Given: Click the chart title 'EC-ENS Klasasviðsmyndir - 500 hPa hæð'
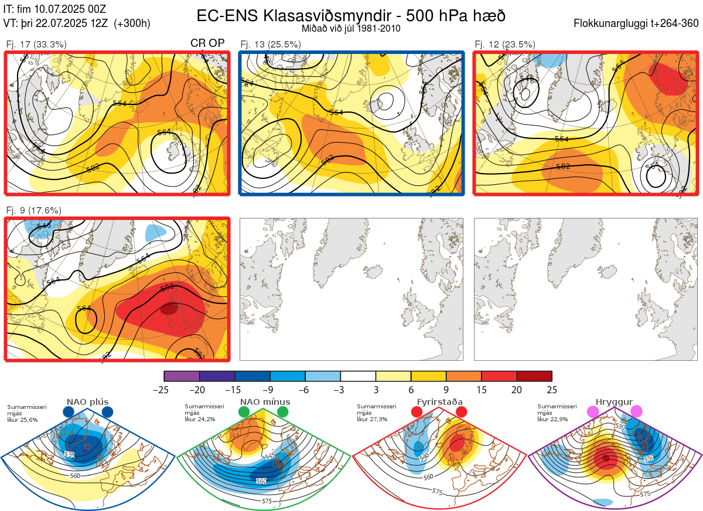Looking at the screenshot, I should [351, 15].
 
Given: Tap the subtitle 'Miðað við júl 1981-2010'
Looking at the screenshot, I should [351, 28].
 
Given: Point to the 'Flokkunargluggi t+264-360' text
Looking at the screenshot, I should [637, 23].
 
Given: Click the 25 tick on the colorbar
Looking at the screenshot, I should [552, 390].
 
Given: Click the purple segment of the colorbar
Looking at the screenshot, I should [182, 376].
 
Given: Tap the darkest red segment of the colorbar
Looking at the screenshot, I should [534, 376].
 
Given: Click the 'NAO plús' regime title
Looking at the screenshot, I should [87, 402].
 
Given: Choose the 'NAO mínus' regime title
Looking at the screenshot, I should [265, 402].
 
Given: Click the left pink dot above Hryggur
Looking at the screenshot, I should [593, 412].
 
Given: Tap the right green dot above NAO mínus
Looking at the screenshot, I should [284, 412].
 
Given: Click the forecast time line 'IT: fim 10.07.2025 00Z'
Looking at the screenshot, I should [54, 9].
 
